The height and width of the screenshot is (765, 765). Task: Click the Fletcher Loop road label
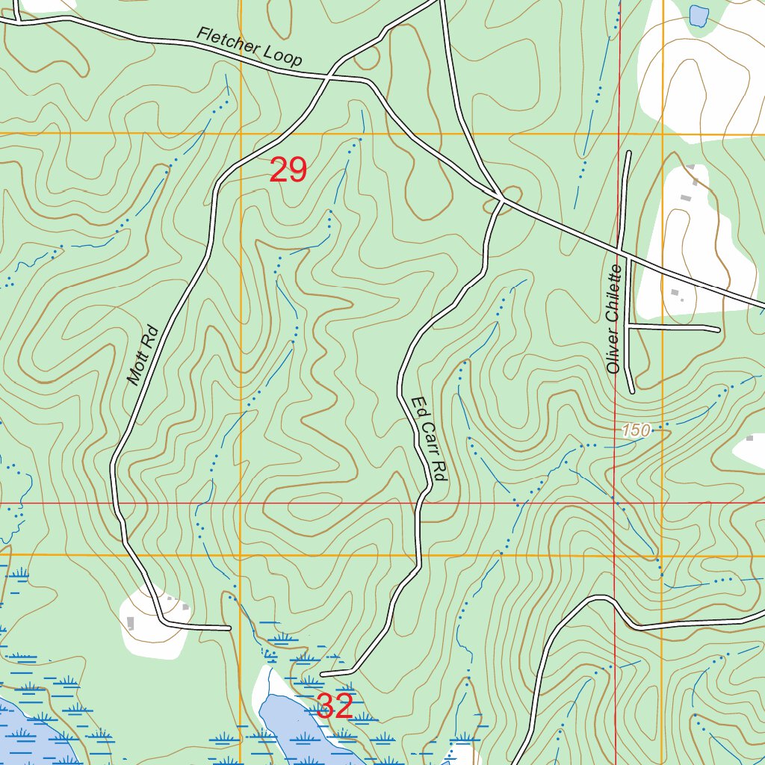(x=250, y=46)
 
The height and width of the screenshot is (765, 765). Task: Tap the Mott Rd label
(x=143, y=355)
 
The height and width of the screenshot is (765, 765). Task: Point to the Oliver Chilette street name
(x=614, y=319)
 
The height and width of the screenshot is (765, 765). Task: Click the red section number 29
(x=288, y=170)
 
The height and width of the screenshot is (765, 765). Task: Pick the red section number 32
(x=334, y=706)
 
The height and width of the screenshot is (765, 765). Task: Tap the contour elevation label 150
(x=636, y=430)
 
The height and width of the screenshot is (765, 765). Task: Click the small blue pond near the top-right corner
(x=699, y=15)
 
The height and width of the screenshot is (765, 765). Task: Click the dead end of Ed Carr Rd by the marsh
(x=323, y=674)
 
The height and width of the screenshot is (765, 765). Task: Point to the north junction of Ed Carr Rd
(x=502, y=199)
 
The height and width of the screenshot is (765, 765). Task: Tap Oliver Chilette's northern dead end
(x=628, y=153)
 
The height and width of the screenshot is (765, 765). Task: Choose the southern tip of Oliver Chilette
(x=633, y=390)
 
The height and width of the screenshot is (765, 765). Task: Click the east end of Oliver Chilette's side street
(x=718, y=329)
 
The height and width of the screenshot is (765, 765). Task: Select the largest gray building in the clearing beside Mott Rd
(x=131, y=622)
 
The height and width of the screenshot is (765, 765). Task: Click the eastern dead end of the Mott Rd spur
(x=229, y=628)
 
